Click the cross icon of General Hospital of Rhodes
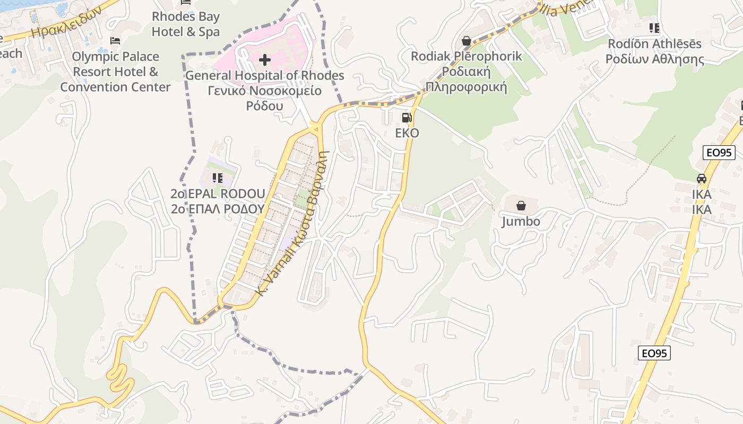264,59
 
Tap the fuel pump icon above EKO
407,118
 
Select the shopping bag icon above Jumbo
521,206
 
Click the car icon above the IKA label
702,179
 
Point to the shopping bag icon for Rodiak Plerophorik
466,41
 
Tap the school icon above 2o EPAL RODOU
217,178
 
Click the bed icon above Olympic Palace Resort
115,41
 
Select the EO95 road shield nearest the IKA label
719,153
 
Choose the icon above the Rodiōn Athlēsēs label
654,28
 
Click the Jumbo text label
521,222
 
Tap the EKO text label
407,133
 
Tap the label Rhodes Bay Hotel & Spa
186,24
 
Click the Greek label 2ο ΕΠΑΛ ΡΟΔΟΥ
218,209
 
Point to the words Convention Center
115,87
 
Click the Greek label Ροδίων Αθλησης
655,59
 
